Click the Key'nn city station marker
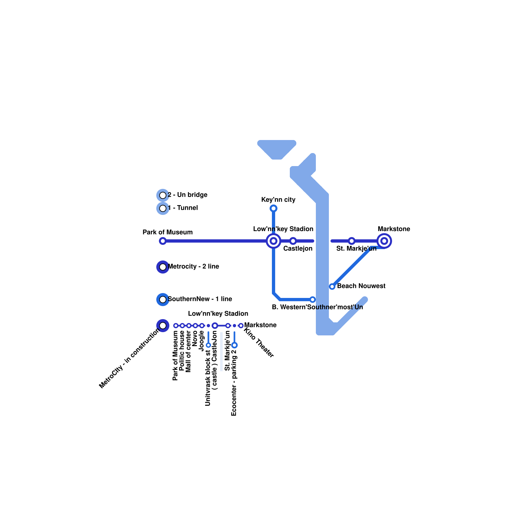(274, 208)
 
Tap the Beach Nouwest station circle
(332, 287)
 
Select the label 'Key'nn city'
(278, 200)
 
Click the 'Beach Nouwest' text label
(361, 286)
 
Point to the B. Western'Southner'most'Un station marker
(313, 300)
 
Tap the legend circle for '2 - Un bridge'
(163, 195)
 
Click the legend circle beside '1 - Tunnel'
(163, 208)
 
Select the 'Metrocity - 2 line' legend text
(193, 266)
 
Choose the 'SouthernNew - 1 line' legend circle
(163, 300)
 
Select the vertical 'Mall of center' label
(189, 351)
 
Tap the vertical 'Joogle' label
(202, 341)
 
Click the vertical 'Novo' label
(195, 338)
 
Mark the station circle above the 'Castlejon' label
(293, 241)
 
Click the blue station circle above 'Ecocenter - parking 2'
(234, 345)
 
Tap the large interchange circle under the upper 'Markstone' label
(384, 241)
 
